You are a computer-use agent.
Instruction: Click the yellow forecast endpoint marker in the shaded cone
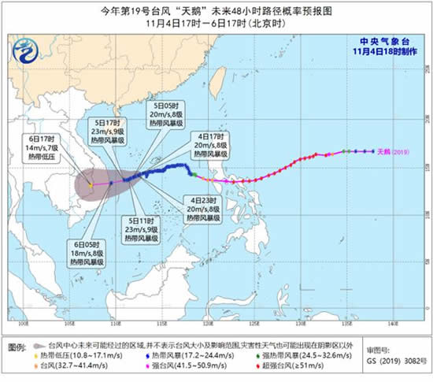91,186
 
